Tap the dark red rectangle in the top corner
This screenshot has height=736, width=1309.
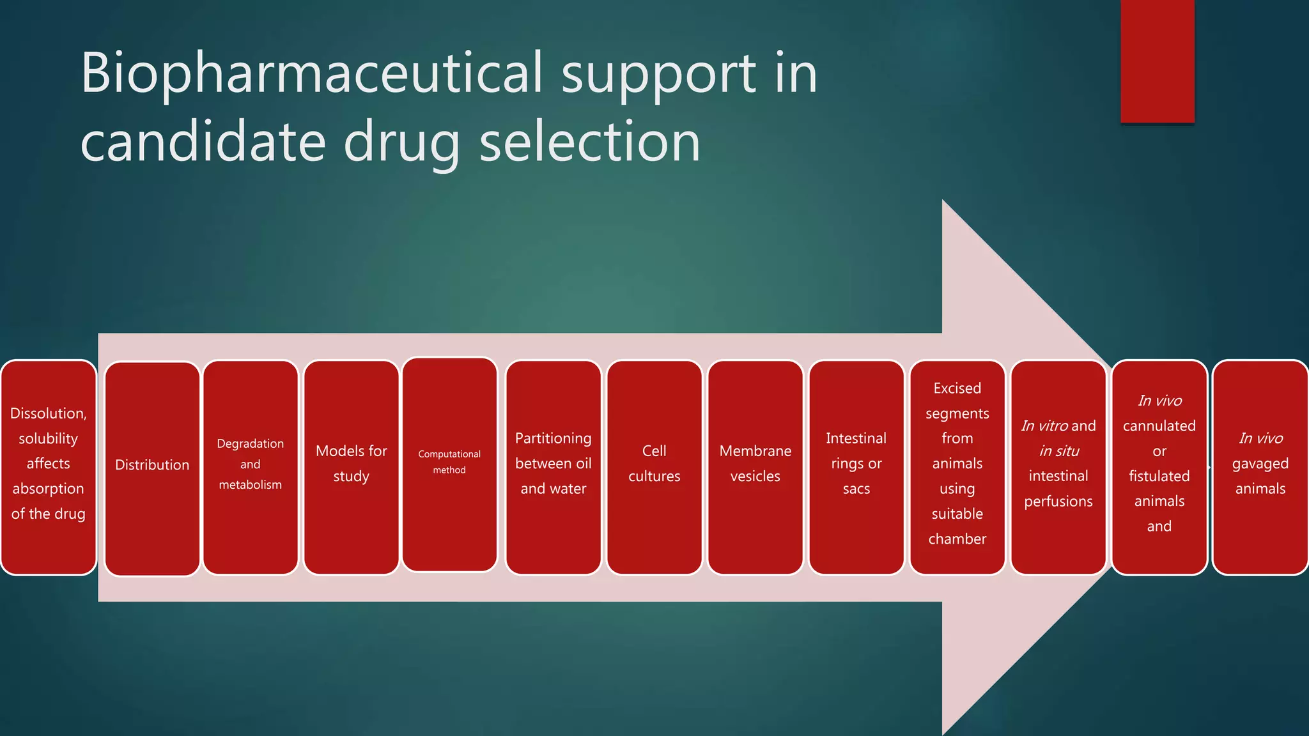pos(1157,61)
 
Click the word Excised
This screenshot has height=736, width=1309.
pos(957,388)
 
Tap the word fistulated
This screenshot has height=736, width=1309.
pos(1159,477)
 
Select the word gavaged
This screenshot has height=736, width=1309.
pos(1260,464)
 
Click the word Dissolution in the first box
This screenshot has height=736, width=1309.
pos(47,413)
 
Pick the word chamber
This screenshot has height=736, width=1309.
pos(957,539)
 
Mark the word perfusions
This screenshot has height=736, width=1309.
pos(1058,502)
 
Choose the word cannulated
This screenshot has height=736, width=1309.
pos(1159,426)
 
